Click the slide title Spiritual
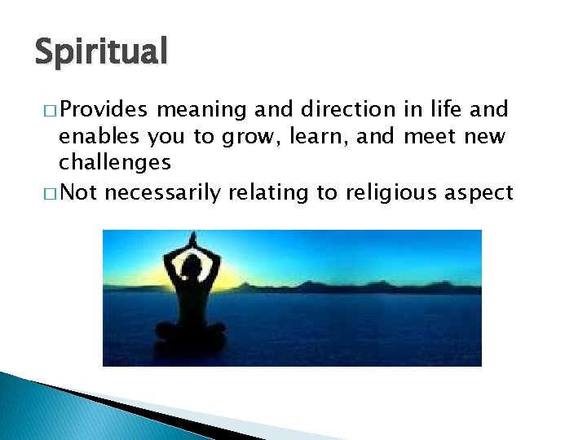pyautogui.click(x=101, y=52)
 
